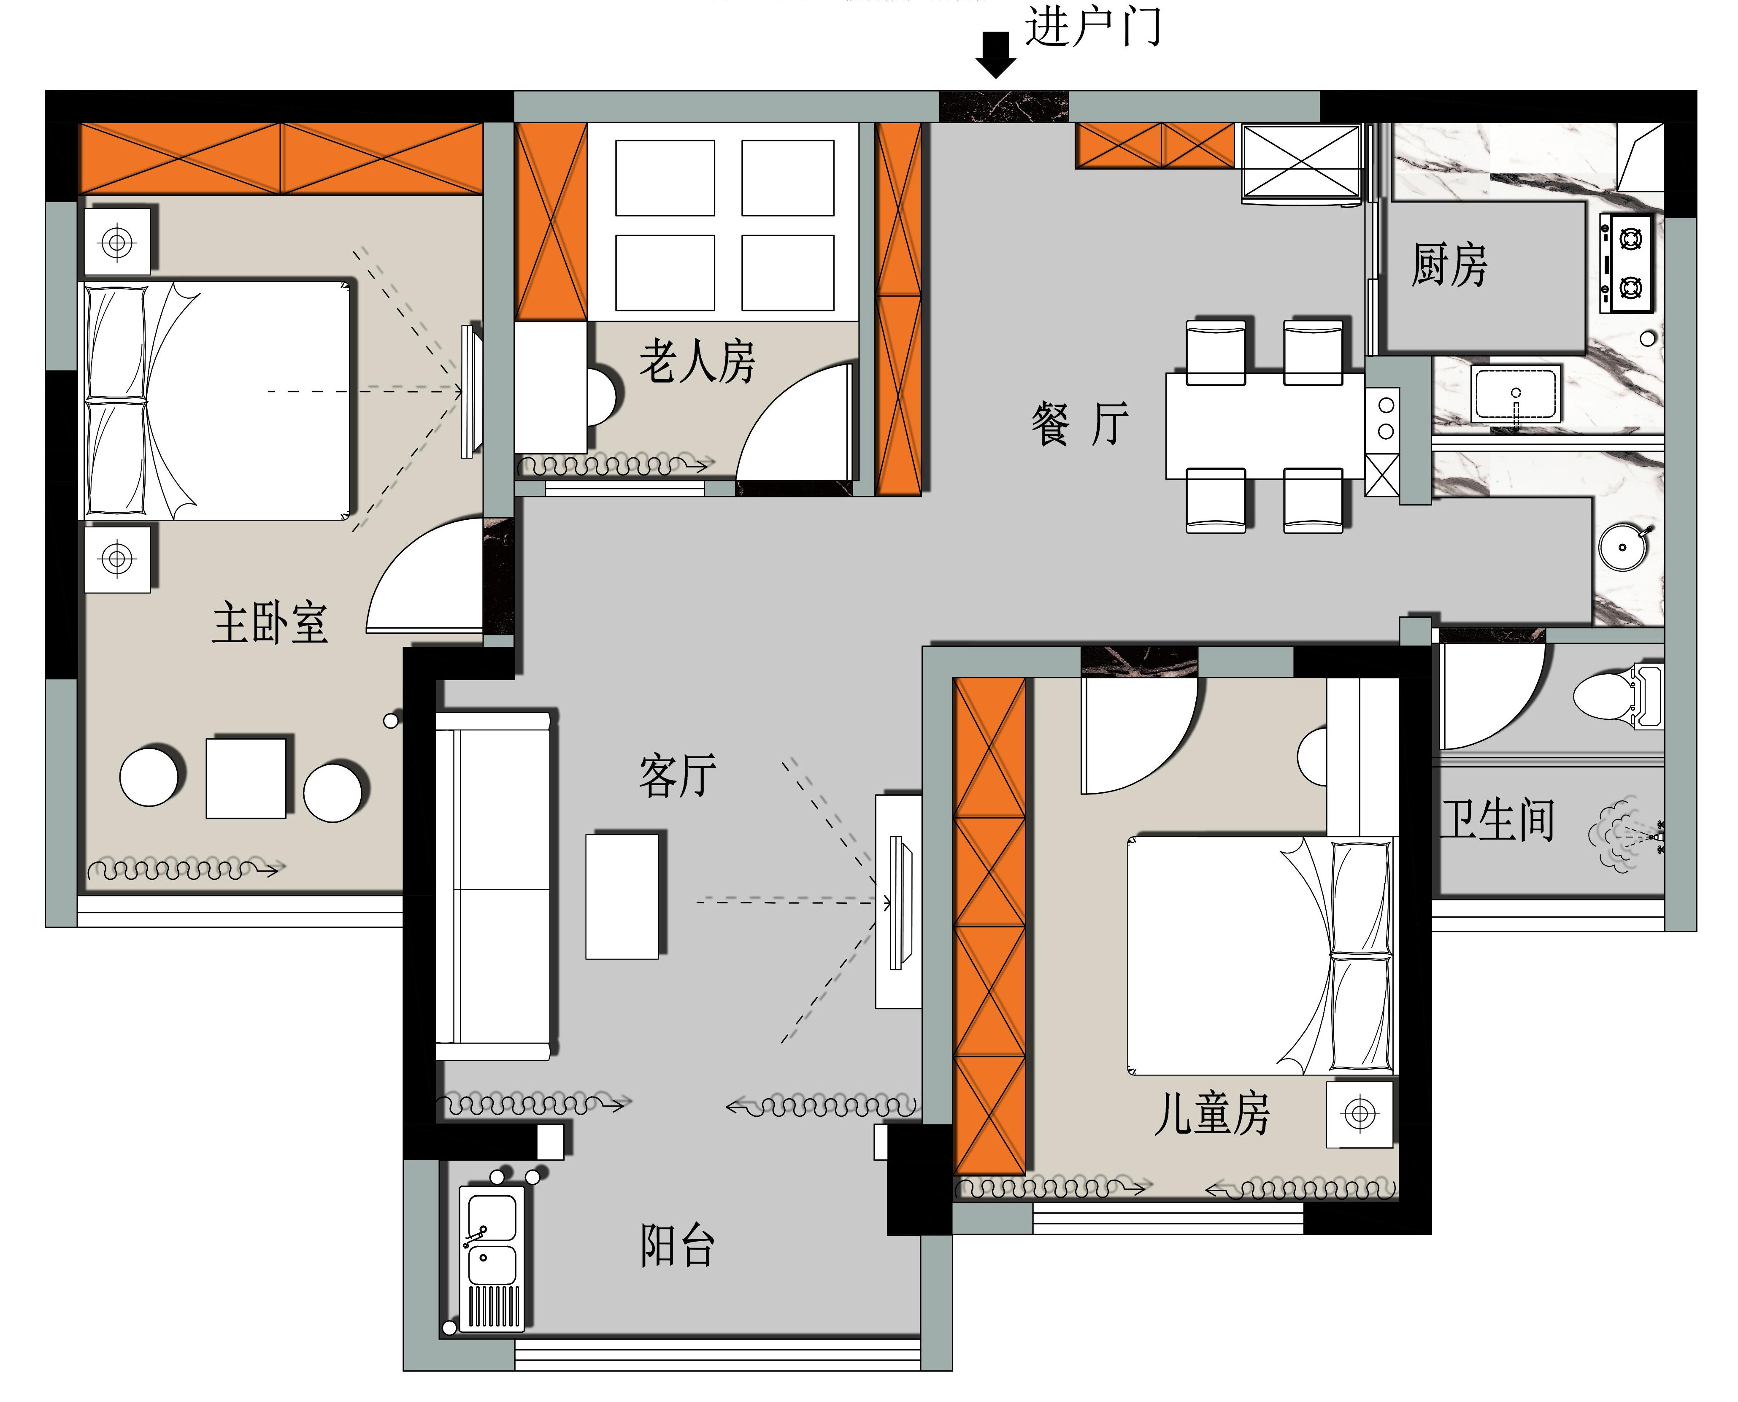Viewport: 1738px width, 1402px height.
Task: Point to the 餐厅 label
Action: click(1080, 424)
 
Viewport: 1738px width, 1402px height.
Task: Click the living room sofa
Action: click(494, 886)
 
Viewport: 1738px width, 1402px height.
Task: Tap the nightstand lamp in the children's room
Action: click(1360, 1115)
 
